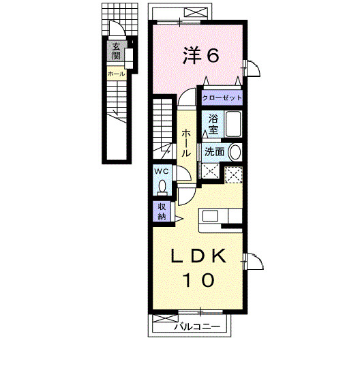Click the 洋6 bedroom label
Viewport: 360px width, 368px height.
pyautogui.click(x=199, y=55)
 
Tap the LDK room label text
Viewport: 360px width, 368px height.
pyautogui.click(x=197, y=257)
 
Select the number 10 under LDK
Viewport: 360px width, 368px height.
pyautogui.click(x=197, y=279)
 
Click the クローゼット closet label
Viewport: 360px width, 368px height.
pyautogui.click(x=221, y=98)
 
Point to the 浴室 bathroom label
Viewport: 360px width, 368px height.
pyautogui.click(x=213, y=123)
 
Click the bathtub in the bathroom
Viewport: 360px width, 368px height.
pyautogui.click(x=233, y=125)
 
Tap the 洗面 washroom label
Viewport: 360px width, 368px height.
pyautogui.click(x=214, y=152)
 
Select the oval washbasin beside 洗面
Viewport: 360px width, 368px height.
pyautogui.click(x=235, y=152)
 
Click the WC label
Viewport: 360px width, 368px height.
pyautogui.click(x=162, y=171)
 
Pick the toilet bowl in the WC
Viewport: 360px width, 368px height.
pyautogui.click(x=162, y=185)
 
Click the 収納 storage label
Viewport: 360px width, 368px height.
pyautogui.click(x=162, y=212)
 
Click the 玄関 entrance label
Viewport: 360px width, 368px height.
pyautogui.click(x=116, y=51)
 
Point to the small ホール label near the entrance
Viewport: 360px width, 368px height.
pyautogui.click(x=115, y=73)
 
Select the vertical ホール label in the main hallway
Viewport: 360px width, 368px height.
pyautogui.click(x=185, y=142)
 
